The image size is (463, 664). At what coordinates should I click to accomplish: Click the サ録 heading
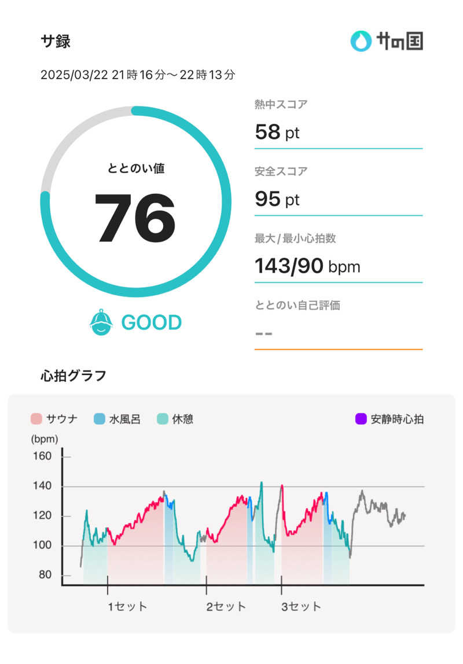click(x=56, y=41)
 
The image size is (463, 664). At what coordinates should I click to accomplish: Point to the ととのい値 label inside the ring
click(x=136, y=168)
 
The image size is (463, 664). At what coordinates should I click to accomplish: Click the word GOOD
click(x=151, y=322)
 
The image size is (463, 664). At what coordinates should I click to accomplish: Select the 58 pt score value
click(x=277, y=133)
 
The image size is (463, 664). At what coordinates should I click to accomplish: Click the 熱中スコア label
click(x=281, y=105)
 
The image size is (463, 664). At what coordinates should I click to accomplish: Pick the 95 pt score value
click(x=277, y=200)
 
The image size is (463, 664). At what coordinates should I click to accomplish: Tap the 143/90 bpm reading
click(x=307, y=266)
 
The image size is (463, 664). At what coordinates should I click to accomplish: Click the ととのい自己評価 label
click(x=297, y=306)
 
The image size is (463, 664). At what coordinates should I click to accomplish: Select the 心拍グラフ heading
click(x=74, y=376)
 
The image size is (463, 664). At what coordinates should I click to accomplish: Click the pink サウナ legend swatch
click(x=36, y=419)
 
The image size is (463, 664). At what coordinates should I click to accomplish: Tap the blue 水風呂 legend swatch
click(x=99, y=419)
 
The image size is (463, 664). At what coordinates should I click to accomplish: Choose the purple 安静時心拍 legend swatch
click(x=361, y=419)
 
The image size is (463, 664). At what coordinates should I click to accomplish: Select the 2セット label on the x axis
click(x=226, y=607)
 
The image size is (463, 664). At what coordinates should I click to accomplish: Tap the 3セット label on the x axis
click(x=301, y=607)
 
